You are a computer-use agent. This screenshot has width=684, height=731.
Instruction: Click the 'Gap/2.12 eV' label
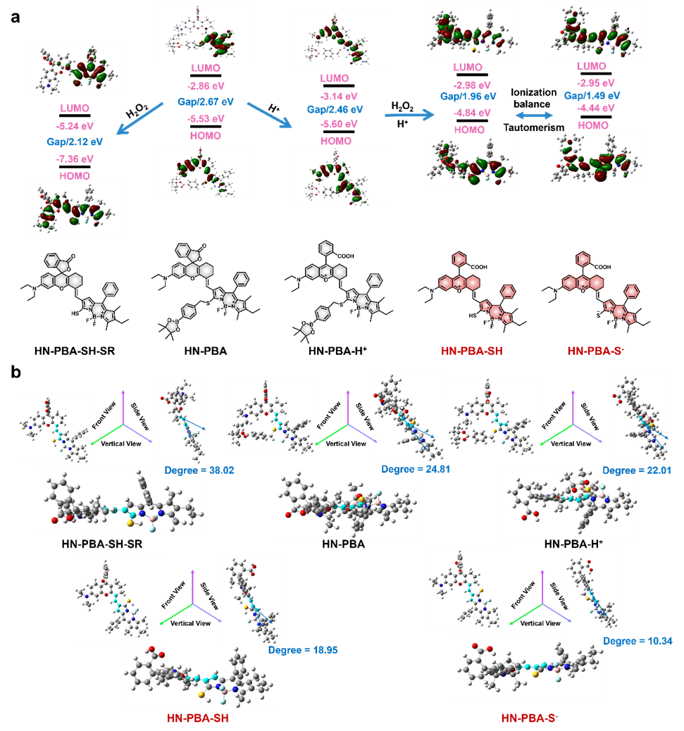tap(74, 142)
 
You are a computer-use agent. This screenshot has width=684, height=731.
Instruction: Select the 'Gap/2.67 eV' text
tap(204, 101)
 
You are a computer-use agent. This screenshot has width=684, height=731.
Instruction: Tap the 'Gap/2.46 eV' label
tap(335, 109)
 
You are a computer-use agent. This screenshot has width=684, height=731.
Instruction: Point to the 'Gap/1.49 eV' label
tap(592, 95)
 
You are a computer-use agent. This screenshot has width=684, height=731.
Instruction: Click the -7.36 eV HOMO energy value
tap(74, 158)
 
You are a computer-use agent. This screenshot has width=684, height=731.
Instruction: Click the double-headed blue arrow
tap(535, 115)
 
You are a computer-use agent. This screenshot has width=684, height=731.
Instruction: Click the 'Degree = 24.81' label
tap(415, 469)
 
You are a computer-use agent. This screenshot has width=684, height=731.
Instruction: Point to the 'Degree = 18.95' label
tap(303, 650)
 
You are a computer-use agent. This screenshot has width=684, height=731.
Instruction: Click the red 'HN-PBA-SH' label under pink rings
tap(471, 350)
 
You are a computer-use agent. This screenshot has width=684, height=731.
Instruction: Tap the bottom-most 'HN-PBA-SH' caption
tap(197, 718)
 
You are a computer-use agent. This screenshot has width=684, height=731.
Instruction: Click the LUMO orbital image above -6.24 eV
tap(75, 69)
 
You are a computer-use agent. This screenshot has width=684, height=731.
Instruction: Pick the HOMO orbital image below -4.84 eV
tap(472, 161)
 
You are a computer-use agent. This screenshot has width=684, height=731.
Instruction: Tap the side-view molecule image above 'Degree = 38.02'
tap(182, 420)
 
